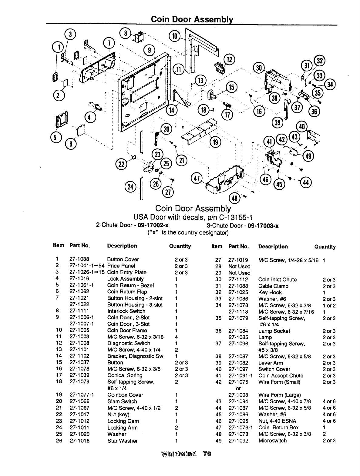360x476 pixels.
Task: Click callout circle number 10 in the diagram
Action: click(x=175, y=37)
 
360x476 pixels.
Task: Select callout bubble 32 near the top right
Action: click(x=319, y=61)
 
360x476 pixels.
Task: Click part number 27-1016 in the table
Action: click(x=79, y=279)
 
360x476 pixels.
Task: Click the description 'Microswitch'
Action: click(x=272, y=441)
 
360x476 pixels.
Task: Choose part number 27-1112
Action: click(x=238, y=280)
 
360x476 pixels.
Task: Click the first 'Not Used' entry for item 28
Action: click(x=239, y=267)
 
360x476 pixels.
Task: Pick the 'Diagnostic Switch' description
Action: click(x=129, y=343)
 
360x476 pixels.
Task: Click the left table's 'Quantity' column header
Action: click(x=180, y=246)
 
